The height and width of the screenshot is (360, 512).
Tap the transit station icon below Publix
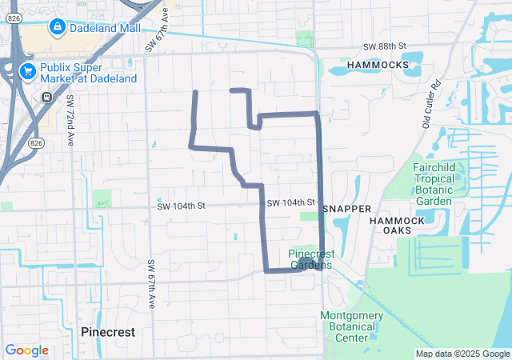(47, 97)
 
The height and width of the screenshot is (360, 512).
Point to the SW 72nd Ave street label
(70, 120)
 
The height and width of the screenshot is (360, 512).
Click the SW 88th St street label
(385, 48)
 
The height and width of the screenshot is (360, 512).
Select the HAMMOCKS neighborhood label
(378, 64)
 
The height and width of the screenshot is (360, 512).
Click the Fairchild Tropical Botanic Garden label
(433, 184)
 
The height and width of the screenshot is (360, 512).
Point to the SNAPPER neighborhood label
(347, 209)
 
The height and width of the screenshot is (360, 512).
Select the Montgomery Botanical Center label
(352, 326)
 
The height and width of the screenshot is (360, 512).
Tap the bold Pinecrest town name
(108, 331)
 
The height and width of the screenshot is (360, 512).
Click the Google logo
(26, 350)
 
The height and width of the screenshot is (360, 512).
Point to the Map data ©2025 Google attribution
(462, 354)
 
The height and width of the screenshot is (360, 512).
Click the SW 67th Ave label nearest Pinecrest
(150, 284)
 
